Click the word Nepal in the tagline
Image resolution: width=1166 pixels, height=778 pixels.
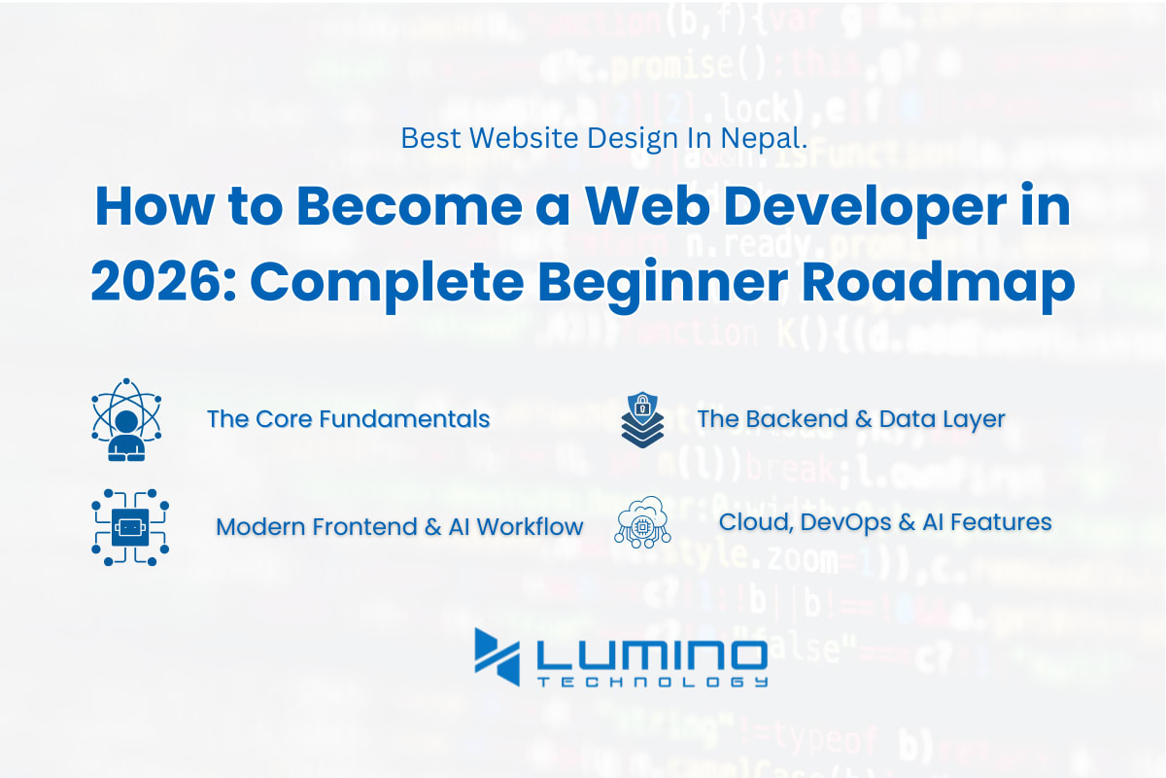pyautogui.click(x=764, y=139)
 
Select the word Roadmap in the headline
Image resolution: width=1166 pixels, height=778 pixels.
pyautogui.click(x=938, y=285)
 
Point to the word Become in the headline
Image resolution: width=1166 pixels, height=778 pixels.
pyautogui.click(x=409, y=207)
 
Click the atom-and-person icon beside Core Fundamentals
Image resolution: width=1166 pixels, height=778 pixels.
pyautogui.click(x=126, y=419)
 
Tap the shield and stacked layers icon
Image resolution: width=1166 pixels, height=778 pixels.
pyautogui.click(x=642, y=419)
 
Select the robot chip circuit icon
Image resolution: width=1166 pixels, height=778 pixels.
pyautogui.click(x=130, y=527)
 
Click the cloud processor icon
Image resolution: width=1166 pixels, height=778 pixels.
pyautogui.click(x=642, y=521)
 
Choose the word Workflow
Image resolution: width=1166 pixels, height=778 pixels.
pyautogui.click(x=530, y=527)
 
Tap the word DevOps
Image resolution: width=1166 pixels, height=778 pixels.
pyautogui.click(x=846, y=522)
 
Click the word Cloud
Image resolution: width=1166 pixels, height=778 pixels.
pyautogui.click(x=756, y=522)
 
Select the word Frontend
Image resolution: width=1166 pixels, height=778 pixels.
pyautogui.click(x=365, y=527)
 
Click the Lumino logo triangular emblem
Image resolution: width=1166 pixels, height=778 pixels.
pyautogui.click(x=497, y=656)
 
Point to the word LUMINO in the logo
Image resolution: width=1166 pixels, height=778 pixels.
pyautogui.click(x=652, y=655)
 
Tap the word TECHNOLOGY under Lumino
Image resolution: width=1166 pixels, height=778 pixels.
pyautogui.click(x=652, y=682)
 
